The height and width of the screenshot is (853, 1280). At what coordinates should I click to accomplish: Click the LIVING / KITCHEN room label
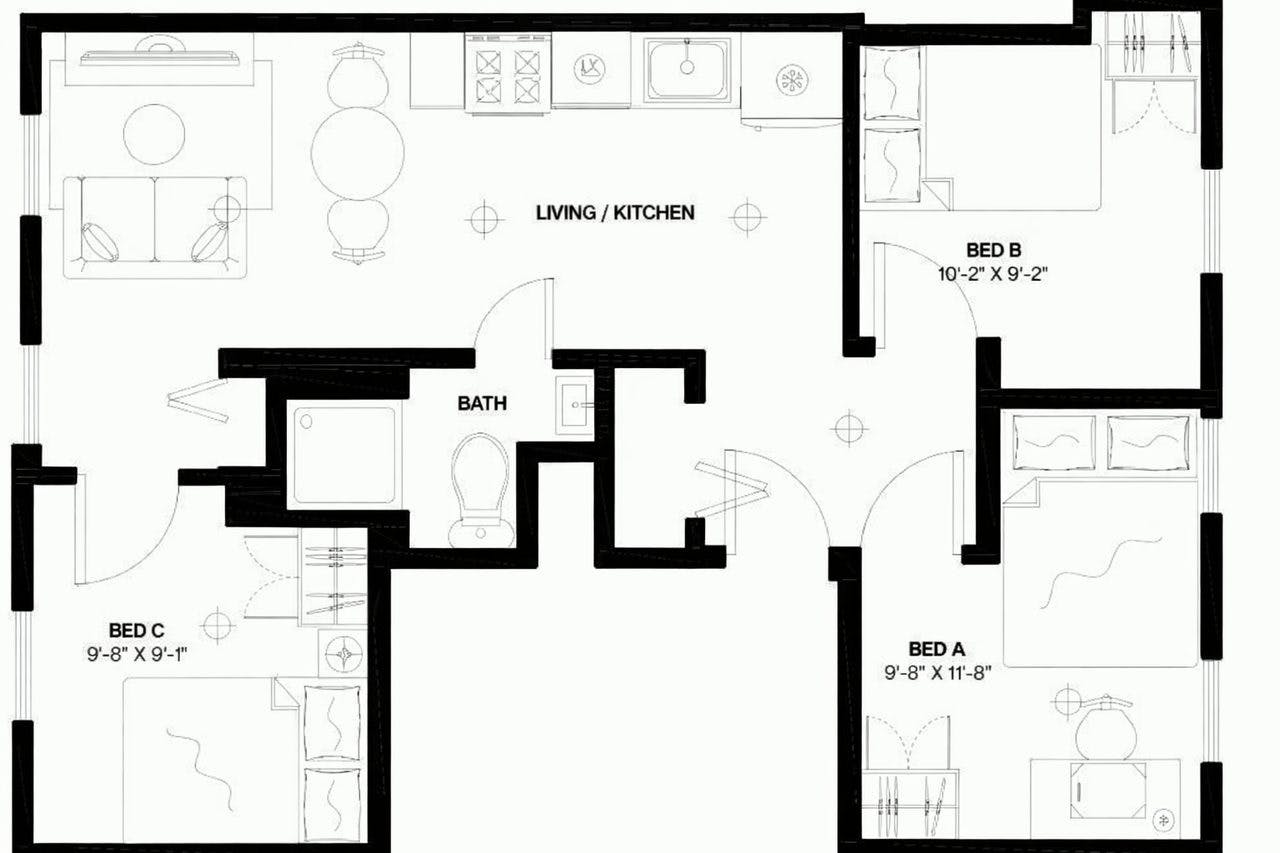(x=614, y=213)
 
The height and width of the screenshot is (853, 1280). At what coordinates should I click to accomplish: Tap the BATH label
(x=482, y=404)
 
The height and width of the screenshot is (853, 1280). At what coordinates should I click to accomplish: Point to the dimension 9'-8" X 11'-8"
(x=937, y=672)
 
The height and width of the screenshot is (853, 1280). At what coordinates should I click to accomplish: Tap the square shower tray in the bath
(x=343, y=455)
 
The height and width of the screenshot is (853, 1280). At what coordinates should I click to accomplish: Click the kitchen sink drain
(x=687, y=68)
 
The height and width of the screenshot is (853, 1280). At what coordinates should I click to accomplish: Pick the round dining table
(x=357, y=152)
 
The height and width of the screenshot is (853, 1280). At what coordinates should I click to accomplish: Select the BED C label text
(x=137, y=630)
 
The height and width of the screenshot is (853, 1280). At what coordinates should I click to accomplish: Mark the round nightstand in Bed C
(x=344, y=653)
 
